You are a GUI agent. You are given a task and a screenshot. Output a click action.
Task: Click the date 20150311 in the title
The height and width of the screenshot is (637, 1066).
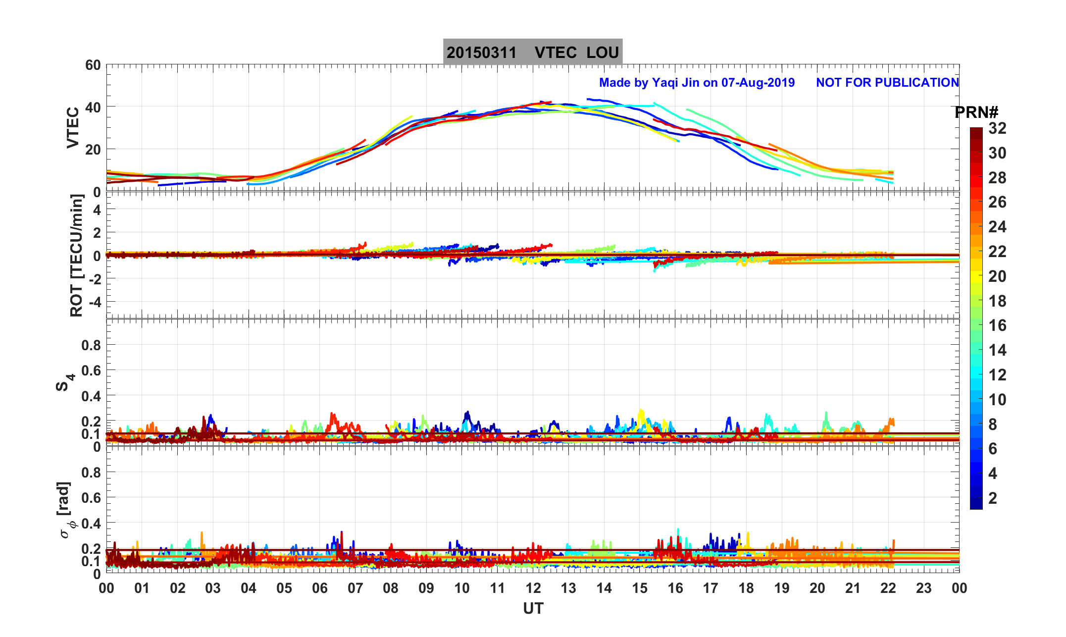481,53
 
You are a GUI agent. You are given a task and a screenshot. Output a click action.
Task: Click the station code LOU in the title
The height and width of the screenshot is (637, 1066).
603,53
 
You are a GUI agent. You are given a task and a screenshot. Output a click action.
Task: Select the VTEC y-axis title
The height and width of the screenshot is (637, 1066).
73,128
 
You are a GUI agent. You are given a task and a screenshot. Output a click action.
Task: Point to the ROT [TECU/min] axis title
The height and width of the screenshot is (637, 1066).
76,256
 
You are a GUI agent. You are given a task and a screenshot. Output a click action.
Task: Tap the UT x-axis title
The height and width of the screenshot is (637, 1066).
533,609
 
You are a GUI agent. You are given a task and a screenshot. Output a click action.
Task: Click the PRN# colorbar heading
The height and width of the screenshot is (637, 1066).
976,113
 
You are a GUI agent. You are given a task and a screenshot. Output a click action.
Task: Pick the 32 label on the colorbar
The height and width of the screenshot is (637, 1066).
997,129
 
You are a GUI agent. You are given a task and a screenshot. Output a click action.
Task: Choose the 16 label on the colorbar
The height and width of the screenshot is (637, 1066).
997,325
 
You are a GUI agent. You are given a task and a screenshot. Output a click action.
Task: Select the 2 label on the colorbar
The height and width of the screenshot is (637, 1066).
993,498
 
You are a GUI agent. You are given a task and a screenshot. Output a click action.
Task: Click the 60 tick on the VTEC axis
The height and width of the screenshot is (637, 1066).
93,65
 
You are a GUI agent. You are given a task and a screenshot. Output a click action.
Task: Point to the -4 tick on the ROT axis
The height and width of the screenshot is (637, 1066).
93,302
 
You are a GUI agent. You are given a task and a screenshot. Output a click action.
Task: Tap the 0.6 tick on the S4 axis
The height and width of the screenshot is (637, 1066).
91,371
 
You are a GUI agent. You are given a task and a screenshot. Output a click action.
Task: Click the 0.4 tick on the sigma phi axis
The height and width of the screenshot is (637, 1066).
91,523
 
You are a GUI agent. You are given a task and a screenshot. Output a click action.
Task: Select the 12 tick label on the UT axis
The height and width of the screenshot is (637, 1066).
533,588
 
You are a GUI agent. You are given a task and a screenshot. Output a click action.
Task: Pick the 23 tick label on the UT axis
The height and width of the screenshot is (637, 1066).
924,588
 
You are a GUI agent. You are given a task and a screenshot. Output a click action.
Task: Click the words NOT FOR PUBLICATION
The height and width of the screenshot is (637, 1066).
887,83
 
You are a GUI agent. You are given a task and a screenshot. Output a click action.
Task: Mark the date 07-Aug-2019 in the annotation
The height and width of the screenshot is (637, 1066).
758,83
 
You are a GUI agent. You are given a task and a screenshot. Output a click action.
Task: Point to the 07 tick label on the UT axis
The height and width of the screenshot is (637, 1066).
355,588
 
